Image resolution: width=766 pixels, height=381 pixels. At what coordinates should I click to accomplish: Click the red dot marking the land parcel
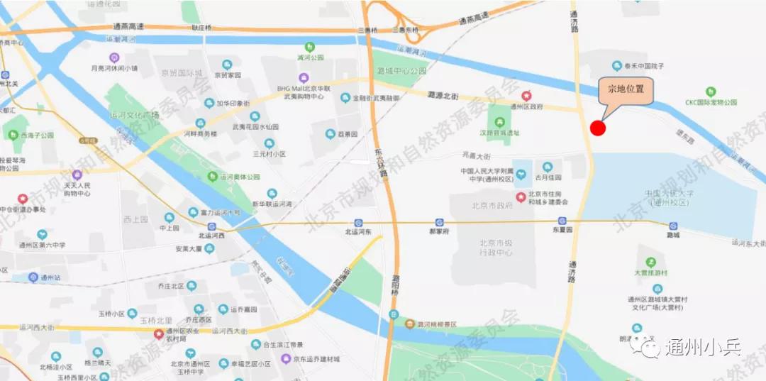(598, 128)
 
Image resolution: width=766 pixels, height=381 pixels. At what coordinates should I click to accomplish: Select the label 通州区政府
(526, 106)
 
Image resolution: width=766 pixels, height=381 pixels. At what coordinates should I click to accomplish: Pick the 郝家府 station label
(440, 231)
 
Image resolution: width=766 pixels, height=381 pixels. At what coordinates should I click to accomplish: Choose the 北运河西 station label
(211, 235)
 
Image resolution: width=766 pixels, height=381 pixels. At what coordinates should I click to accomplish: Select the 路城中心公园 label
(401, 71)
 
